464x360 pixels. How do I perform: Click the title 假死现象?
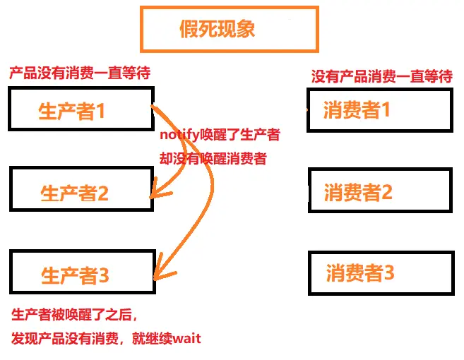tap(217, 29)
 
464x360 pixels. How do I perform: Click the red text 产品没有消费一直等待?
tap(79, 73)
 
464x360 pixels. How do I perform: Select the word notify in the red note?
tap(178, 135)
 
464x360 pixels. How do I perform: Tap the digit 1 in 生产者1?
tap(100, 111)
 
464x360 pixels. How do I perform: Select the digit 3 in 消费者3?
tap(388, 273)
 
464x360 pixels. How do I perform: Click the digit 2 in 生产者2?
tap(103, 193)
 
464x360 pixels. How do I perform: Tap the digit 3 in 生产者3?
tap(104, 275)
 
